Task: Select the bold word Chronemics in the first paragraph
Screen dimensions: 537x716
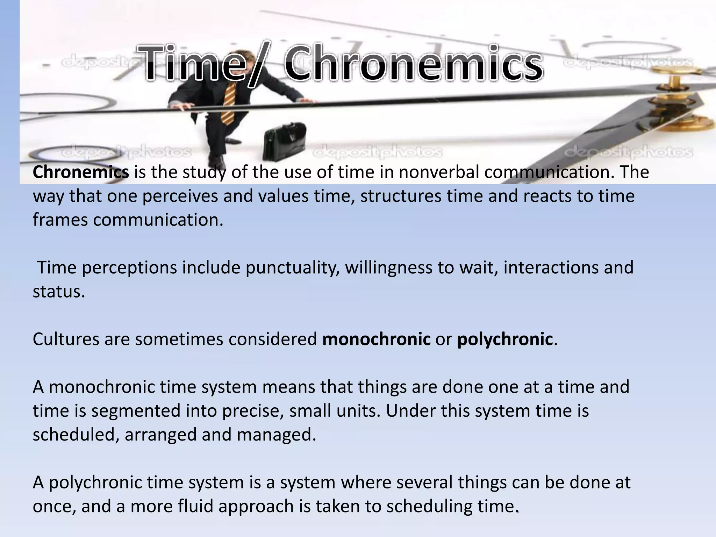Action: (81, 172)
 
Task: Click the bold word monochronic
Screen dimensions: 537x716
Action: (376, 339)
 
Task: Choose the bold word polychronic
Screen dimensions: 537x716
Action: (505, 339)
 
